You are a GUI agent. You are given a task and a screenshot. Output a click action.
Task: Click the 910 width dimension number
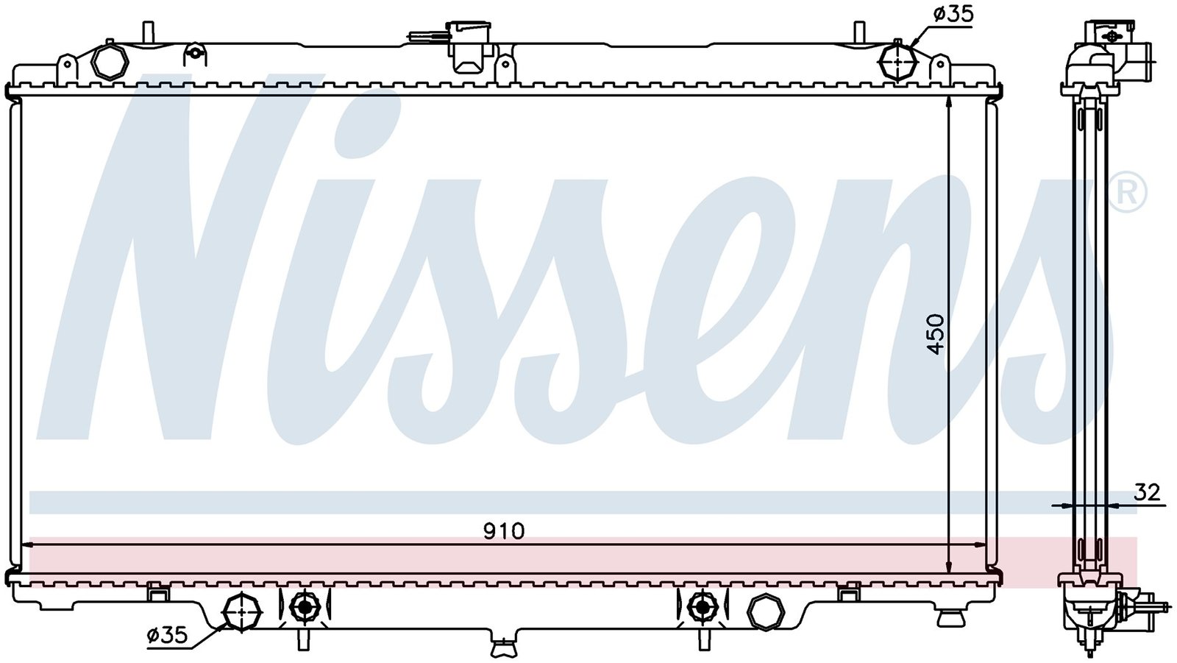[504, 531]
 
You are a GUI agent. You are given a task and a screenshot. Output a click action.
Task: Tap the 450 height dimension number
[935, 334]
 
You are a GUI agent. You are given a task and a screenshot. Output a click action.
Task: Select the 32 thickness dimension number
[1147, 492]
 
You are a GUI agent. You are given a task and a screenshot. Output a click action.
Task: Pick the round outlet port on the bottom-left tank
[243, 610]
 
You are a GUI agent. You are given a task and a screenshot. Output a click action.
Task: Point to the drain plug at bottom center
[503, 648]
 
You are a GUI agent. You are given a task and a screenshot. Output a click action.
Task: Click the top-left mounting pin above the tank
[148, 33]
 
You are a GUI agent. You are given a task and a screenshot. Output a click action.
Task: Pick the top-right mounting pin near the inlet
[858, 33]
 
